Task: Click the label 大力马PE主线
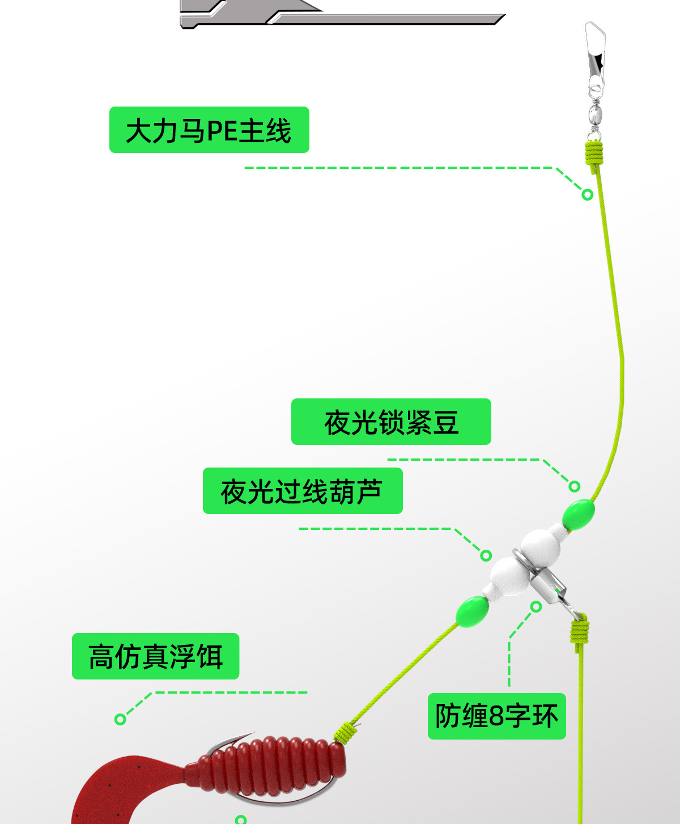coord(209,130)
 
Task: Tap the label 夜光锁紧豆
coord(391,422)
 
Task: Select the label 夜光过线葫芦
coord(303,491)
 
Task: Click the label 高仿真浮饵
coord(155,656)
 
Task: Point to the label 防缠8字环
coord(496,716)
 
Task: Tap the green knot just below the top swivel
coord(594,153)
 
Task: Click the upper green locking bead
coord(579,515)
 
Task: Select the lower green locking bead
coord(473,611)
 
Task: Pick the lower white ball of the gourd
coord(510,576)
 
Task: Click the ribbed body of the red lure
coord(272,765)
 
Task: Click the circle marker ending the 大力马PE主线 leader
coord(588,195)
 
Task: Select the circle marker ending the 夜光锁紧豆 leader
coord(575,486)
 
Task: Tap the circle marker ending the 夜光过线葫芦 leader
coord(486,555)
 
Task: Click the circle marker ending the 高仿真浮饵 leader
coord(120,719)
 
